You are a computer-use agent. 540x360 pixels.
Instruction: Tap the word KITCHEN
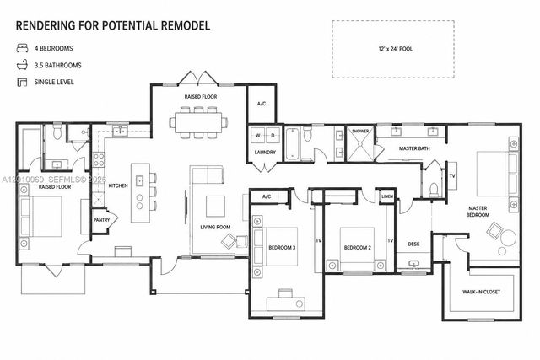[x=117, y=185]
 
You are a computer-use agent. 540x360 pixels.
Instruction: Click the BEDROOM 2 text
[x=358, y=247]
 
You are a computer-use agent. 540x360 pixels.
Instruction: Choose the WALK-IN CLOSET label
[x=483, y=293]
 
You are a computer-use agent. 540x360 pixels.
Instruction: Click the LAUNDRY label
[x=265, y=153]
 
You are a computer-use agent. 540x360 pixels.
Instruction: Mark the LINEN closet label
[x=386, y=196]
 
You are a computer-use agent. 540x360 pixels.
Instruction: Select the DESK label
[x=413, y=244]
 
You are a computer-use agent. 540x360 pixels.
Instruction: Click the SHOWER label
[x=360, y=132]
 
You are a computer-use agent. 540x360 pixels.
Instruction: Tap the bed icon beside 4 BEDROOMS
[x=22, y=47]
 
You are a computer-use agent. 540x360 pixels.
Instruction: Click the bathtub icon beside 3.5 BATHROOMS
[x=22, y=65]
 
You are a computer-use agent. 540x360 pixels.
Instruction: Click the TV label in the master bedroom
[x=451, y=175]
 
